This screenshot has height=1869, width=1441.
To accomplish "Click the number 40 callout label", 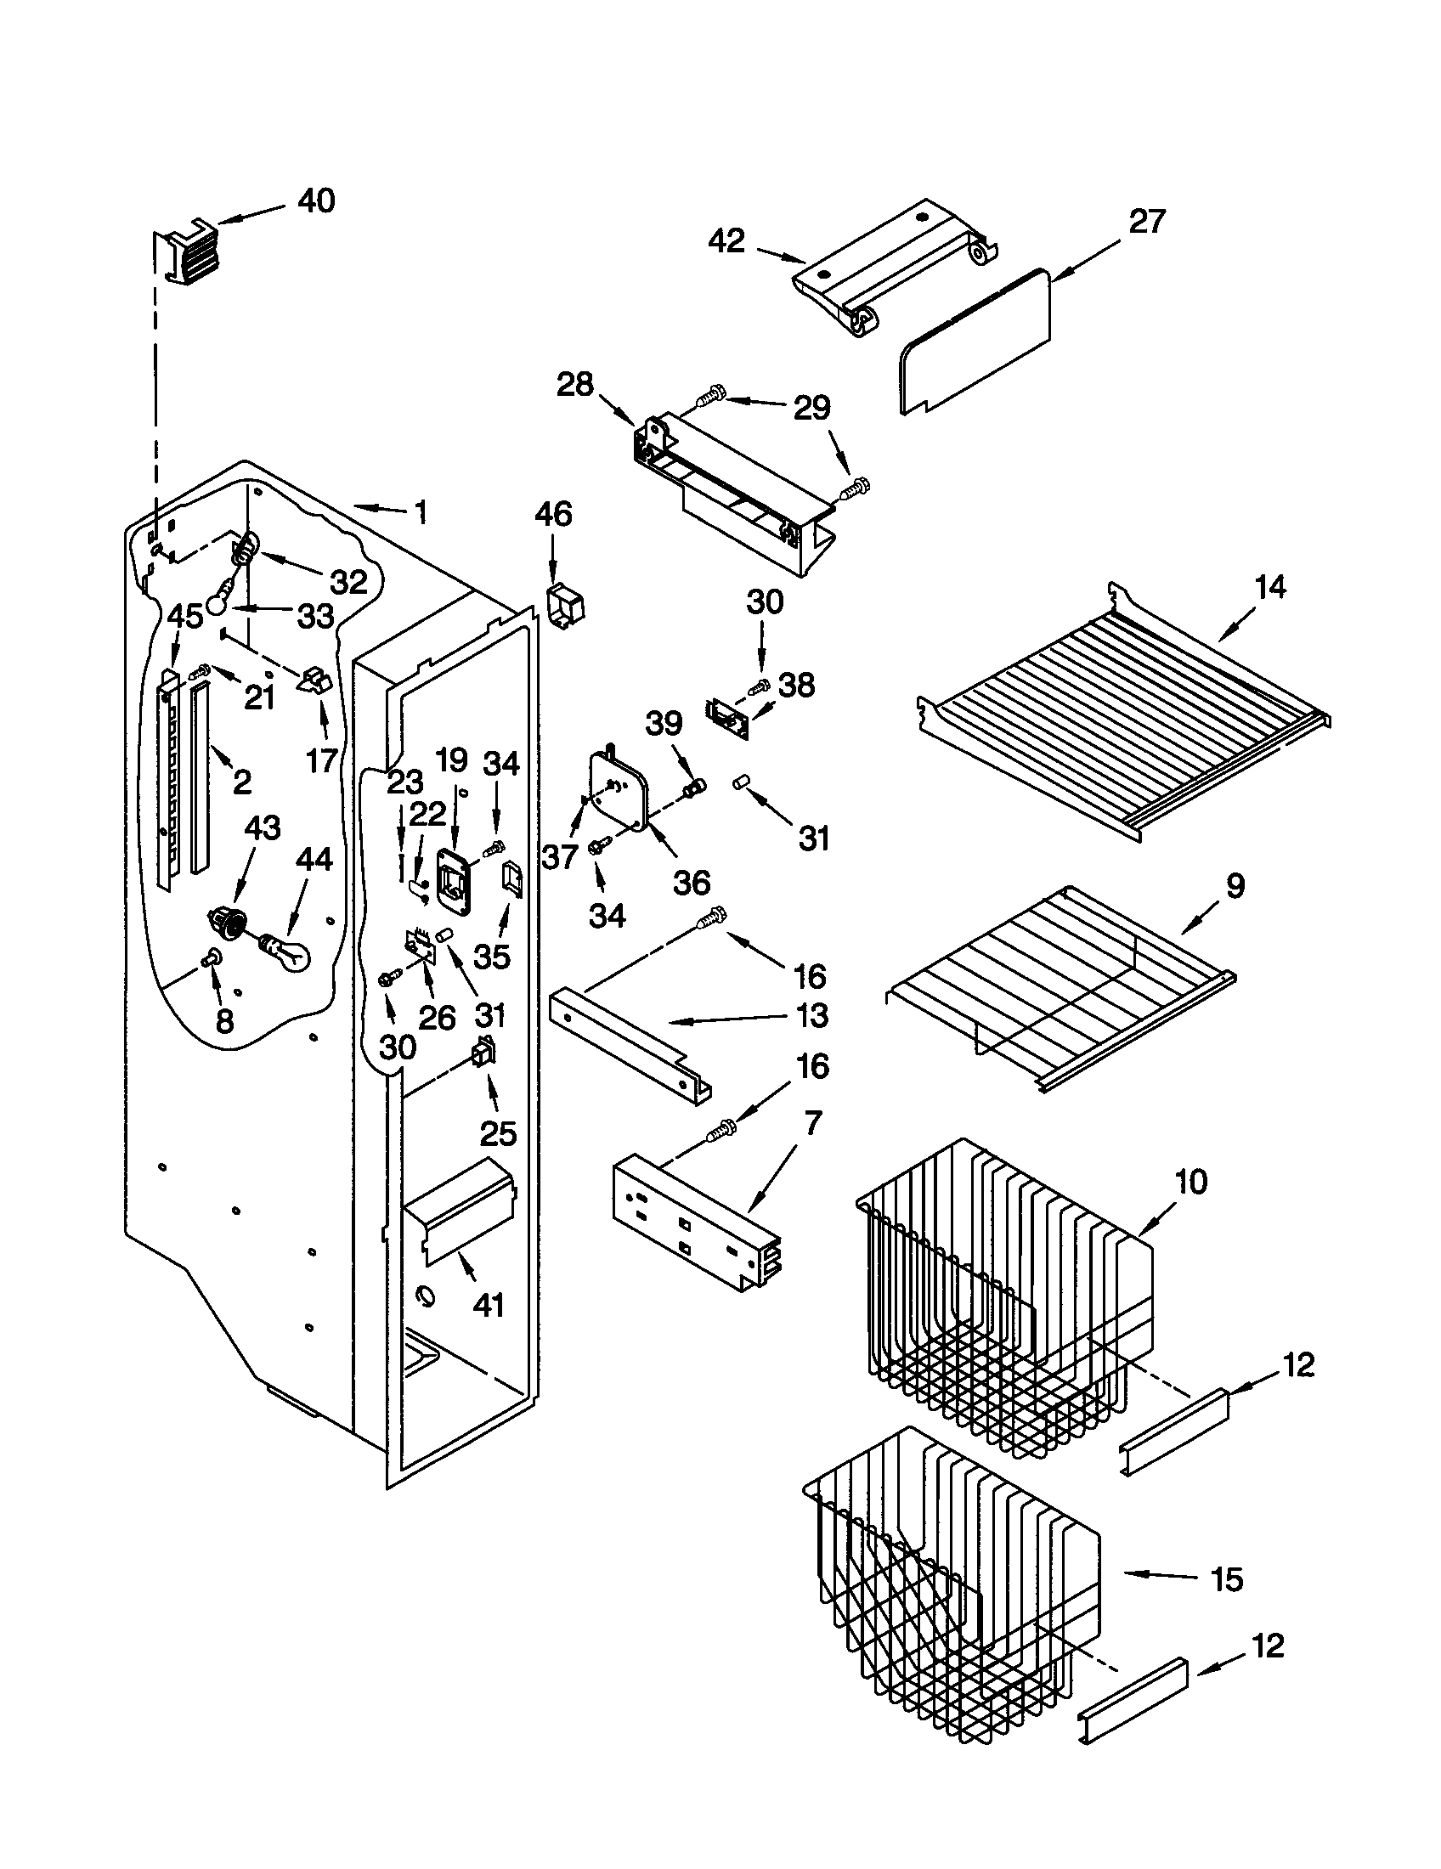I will pos(316,201).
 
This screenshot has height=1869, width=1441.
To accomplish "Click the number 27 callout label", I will pos(1147,222).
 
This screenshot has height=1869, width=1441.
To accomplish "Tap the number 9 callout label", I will pos(1235,887).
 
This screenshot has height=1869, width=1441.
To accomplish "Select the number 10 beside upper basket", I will pos(1191,1182).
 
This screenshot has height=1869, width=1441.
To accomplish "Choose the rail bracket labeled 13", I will pos(629,1044).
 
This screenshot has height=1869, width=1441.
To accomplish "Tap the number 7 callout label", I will pos(812,1122).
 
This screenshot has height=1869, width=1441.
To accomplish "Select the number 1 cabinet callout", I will pos(420,512).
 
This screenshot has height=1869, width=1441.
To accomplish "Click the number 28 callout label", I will pos(575,385).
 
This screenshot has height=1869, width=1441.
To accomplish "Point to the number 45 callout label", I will pos(185,616).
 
